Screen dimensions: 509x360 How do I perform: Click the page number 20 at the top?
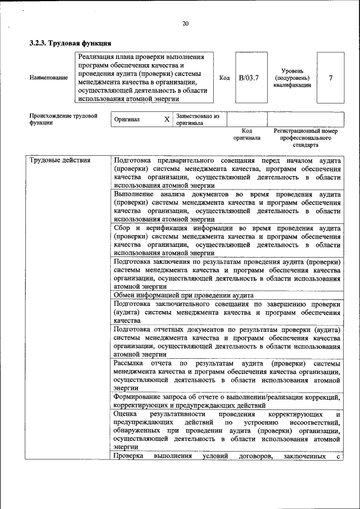pos(186,24)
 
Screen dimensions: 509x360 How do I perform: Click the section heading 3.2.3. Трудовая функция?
pos(70,43)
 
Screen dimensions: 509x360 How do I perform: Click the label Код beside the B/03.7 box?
pos(224,78)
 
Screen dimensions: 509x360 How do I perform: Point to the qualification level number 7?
pos(330,78)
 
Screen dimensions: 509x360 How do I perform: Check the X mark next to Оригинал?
pos(166,120)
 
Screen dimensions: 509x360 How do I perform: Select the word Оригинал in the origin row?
pos(127,120)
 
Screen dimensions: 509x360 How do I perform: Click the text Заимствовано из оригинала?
pos(197,119)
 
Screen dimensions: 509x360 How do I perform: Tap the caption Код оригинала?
pos(246,134)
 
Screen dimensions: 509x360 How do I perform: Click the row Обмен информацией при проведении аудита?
pos(184,295)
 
